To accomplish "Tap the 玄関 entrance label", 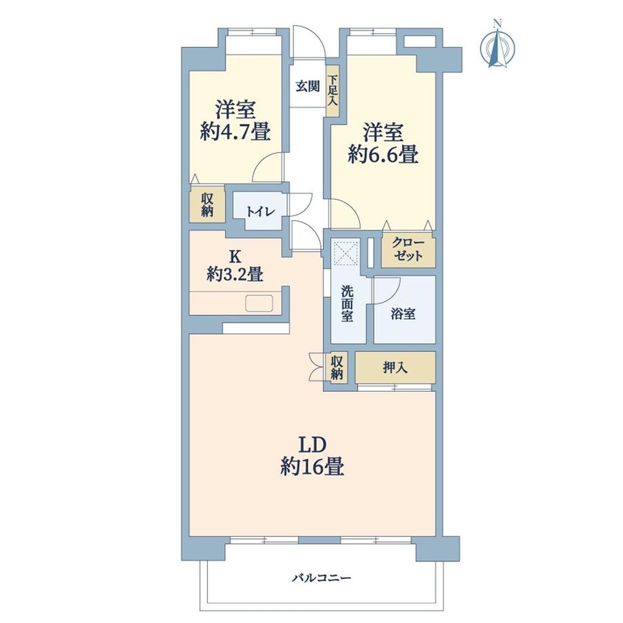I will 307,87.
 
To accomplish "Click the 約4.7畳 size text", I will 235,131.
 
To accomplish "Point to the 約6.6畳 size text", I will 382,155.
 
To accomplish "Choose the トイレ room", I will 259,211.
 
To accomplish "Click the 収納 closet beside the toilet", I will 207,204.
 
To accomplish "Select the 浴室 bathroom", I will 404,314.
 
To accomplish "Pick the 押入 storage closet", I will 395,368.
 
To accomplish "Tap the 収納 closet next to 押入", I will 337,368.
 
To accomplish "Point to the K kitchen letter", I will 235,257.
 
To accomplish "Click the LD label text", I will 312,444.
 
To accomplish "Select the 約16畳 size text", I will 312,467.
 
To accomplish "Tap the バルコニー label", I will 322,578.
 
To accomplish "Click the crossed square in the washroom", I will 347,255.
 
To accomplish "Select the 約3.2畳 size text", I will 235,275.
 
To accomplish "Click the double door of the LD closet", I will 316,368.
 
